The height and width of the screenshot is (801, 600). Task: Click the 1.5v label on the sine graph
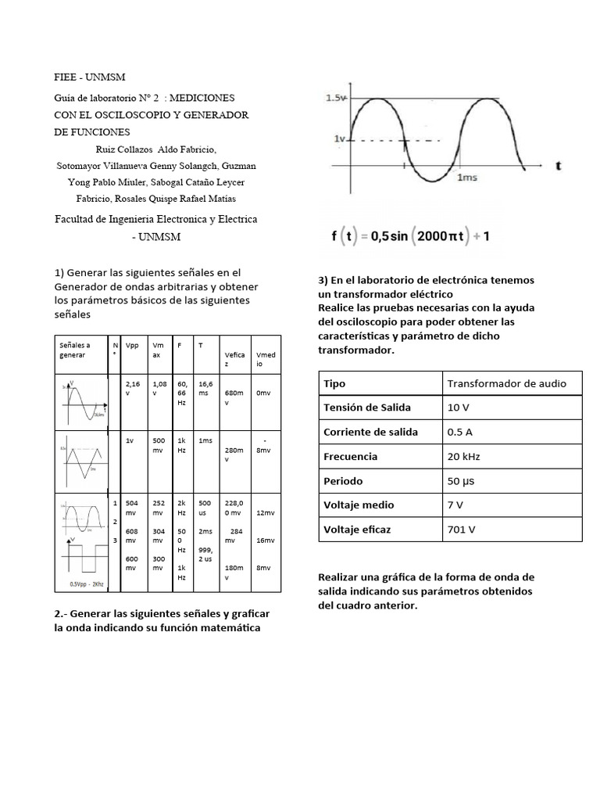pyautogui.click(x=337, y=99)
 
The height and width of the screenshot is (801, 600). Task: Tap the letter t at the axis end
pyautogui.click(x=559, y=166)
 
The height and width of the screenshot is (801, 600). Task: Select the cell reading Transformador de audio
pyautogui.click(x=505, y=383)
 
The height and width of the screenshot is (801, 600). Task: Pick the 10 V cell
pyautogui.click(x=459, y=408)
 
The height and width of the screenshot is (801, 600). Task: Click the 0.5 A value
pyautogui.click(x=461, y=432)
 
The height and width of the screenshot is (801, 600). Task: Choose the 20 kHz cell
pyautogui.click(x=464, y=456)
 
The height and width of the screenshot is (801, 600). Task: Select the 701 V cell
pyautogui.click(x=462, y=529)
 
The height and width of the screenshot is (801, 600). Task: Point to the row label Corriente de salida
pyautogui.click(x=370, y=432)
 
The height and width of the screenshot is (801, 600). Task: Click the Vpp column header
pyautogui.click(x=132, y=345)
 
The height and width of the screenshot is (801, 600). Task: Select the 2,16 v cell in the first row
pyautogui.click(x=132, y=389)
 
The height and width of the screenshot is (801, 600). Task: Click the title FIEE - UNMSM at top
pyautogui.click(x=89, y=77)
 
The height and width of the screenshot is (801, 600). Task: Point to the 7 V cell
pyautogui.click(x=456, y=505)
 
